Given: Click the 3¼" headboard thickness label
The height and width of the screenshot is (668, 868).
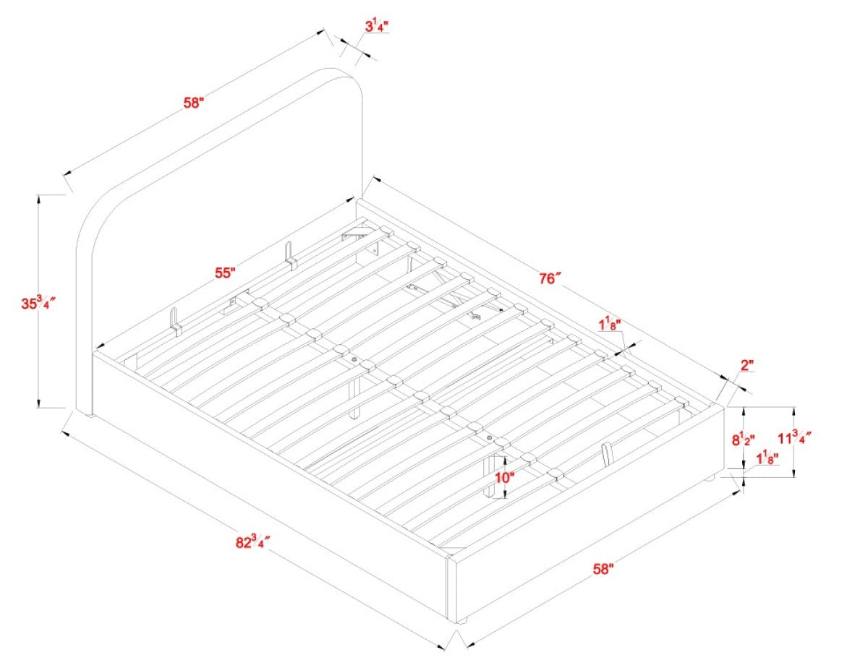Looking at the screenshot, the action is click(x=376, y=27).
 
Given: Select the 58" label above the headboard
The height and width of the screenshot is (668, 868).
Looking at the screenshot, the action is click(x=194, y=103).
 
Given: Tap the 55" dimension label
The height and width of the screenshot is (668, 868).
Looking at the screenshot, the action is click(x=225, y=273).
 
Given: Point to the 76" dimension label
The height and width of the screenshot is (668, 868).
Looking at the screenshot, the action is click(x=550, y=278).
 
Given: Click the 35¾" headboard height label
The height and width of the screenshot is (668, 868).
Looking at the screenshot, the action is click(x=38, y=303).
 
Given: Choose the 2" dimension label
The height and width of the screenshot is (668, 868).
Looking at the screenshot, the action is click(x=747, y=365).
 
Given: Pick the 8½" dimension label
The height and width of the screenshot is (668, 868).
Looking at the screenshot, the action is click(x=743, y=440).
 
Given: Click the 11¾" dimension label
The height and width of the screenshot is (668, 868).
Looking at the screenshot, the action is click(x=794, y=438).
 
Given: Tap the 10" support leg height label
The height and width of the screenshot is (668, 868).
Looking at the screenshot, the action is click(x=504, y=477).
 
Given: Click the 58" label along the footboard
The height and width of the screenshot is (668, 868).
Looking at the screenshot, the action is click(x=603, y=569).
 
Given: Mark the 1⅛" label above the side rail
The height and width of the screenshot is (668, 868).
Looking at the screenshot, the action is click(x=609, y=325).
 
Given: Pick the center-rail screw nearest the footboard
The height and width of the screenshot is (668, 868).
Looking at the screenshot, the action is click(x=490, y=438).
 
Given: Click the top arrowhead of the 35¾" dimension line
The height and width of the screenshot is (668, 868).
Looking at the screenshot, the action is click(x=38, y=200).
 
